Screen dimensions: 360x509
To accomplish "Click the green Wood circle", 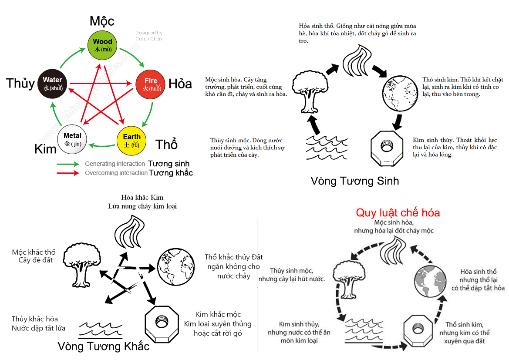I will point(102,45).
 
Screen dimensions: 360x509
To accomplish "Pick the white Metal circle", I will point(72,139).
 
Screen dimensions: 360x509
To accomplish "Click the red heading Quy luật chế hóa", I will point(398,213).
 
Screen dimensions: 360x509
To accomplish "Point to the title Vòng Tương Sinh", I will point(355,181).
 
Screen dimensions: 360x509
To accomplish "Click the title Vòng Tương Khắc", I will point(104,347).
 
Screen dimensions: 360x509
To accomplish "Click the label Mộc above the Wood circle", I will point(102,21).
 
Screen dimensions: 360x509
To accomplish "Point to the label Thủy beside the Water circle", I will point(20,84).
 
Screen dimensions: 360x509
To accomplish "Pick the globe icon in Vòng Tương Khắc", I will point(175,267).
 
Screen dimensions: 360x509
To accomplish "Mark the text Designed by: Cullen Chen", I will point(149,36).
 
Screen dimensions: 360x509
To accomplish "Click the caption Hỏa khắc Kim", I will point(142,198).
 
